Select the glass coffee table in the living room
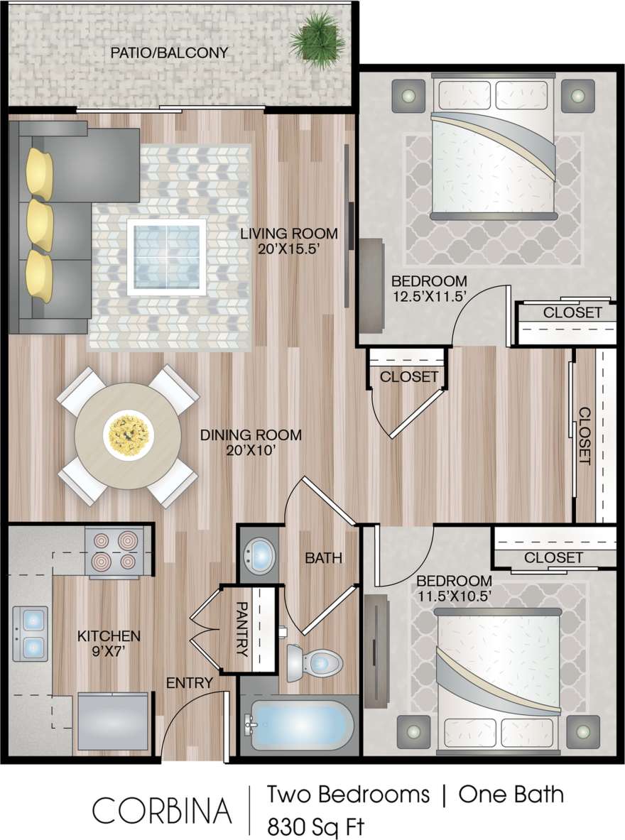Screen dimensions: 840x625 pos(166,256)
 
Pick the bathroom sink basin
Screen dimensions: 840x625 pos(260,553)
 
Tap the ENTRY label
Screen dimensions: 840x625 pos(190,684)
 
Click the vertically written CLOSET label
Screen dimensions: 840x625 pos(585,436)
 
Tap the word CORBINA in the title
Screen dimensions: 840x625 pos(163,810)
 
